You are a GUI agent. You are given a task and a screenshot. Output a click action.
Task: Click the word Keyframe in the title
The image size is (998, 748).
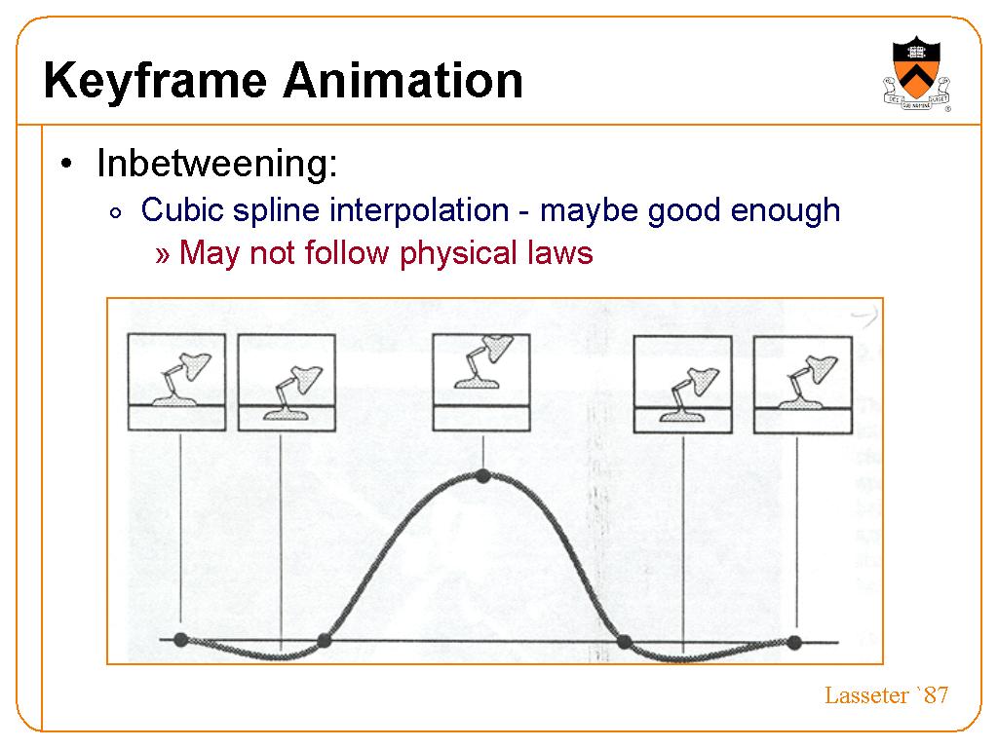tap(155, 82)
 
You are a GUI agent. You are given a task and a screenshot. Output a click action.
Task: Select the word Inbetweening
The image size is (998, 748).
tap(217, 163)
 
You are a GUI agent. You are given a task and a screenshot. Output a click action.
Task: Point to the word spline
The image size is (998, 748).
tap(276, 211)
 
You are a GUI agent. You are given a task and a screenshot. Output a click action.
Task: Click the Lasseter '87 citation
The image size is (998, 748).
tap(886, 695)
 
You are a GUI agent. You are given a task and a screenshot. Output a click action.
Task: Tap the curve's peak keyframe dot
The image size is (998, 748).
tap(483, 475)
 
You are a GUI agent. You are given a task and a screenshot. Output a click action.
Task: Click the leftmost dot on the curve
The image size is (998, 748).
tap(180, 639)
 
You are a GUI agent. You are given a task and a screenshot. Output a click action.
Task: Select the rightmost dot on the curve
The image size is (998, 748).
tap(793, 643)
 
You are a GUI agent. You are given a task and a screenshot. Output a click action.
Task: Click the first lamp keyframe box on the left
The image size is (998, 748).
tap(177, 382)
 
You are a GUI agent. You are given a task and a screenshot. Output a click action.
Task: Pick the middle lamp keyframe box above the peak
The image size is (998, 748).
tap(481, 382)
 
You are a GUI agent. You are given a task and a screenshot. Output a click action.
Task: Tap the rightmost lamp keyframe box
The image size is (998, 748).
tap(803, 385)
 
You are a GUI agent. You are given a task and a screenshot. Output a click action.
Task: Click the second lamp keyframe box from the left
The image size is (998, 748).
tap(287, 382)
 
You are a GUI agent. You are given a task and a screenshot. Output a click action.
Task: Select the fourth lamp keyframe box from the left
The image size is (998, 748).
tap(683, 385)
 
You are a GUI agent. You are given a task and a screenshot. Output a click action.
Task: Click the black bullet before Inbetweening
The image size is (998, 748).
tap(66, 164)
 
